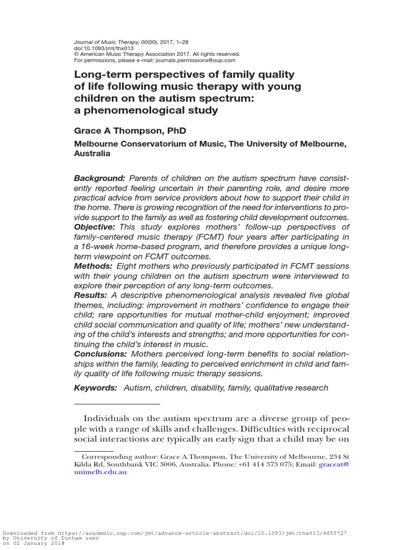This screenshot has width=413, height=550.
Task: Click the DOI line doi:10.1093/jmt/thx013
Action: point(103,48)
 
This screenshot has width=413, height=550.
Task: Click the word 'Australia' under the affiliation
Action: point(92,153)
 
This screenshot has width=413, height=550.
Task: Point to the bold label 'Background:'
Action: point(99,178)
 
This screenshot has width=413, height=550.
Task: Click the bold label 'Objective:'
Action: point(95,227)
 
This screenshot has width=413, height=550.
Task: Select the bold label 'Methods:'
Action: point(93,266)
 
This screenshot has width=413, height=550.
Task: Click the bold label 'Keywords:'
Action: point(95,388)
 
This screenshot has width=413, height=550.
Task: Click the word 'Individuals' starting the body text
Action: point(109,419)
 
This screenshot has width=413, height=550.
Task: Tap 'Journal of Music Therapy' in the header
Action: point(105,42)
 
